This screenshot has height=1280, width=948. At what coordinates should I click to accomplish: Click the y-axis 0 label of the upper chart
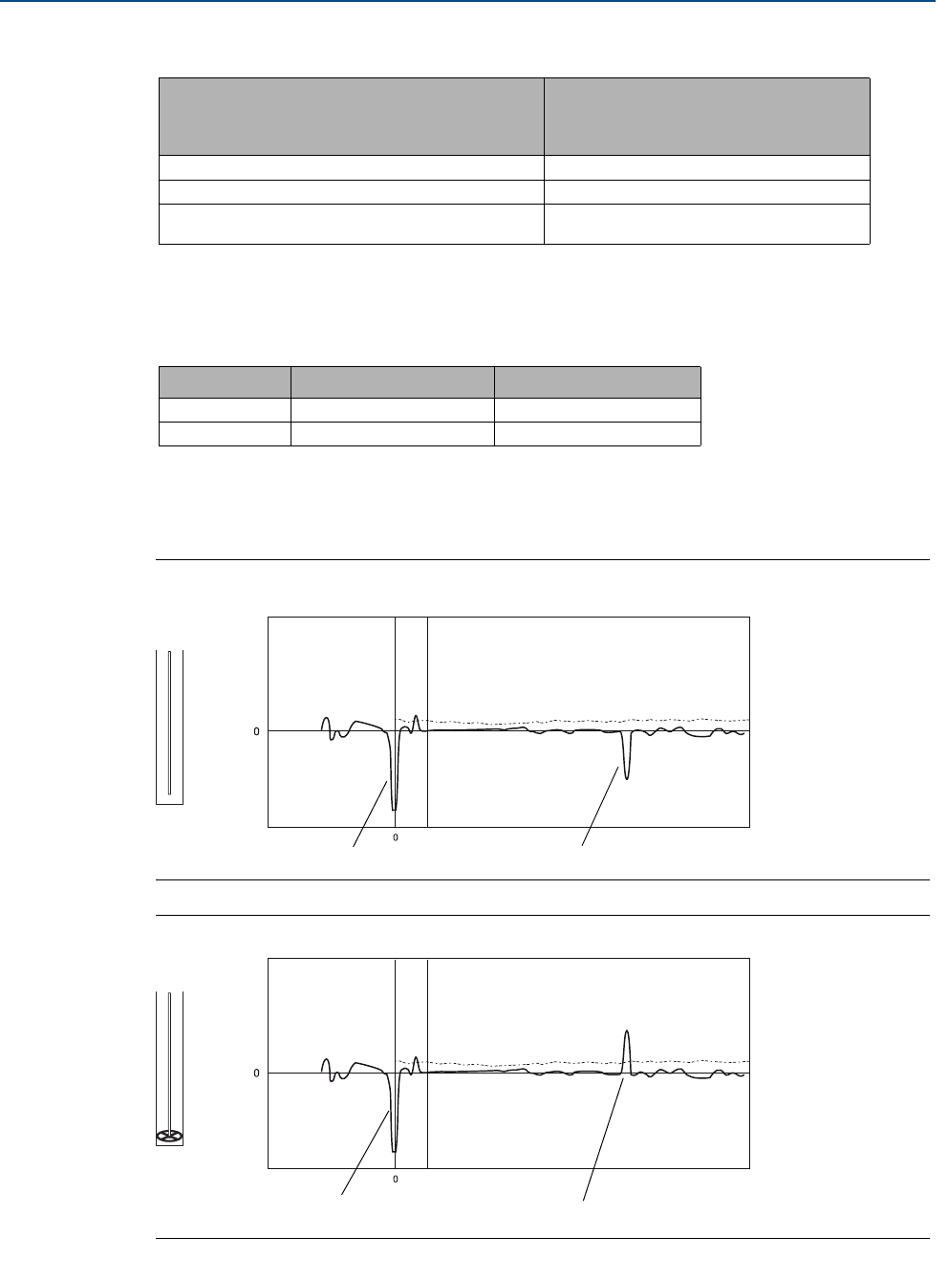[256, 731]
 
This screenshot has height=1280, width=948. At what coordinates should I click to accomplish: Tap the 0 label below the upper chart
[396, 837]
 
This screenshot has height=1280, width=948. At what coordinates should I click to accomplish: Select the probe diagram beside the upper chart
[169, 727]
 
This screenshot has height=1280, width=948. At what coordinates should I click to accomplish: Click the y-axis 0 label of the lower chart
[256, 1074]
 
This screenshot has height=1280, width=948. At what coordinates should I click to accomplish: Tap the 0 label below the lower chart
[396, 1180]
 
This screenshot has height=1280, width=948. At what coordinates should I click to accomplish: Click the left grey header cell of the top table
[351, 116]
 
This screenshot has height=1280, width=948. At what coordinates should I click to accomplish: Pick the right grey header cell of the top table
[706, 116]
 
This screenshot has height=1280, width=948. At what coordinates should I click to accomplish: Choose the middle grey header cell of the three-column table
[392, 381]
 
